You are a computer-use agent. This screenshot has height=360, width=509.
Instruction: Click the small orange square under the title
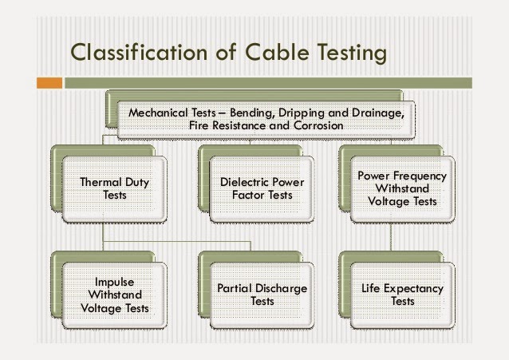(49, 82)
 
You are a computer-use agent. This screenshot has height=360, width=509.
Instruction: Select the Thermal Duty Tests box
(115, 188)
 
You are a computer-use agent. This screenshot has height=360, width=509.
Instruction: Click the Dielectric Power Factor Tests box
(262, 188)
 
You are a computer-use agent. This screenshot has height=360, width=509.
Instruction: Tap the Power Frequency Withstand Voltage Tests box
(402, 188)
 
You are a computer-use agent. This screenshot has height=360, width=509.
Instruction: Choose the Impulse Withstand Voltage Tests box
(115, 295)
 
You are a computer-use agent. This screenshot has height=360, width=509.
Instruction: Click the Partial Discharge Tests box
(262, 295)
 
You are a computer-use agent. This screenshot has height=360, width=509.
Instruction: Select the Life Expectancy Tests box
(402, 295)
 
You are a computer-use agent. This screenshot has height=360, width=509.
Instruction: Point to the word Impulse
(115, 281)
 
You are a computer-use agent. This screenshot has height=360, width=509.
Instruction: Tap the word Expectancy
(416, 288)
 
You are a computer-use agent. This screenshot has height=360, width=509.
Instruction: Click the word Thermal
(101, 182)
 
